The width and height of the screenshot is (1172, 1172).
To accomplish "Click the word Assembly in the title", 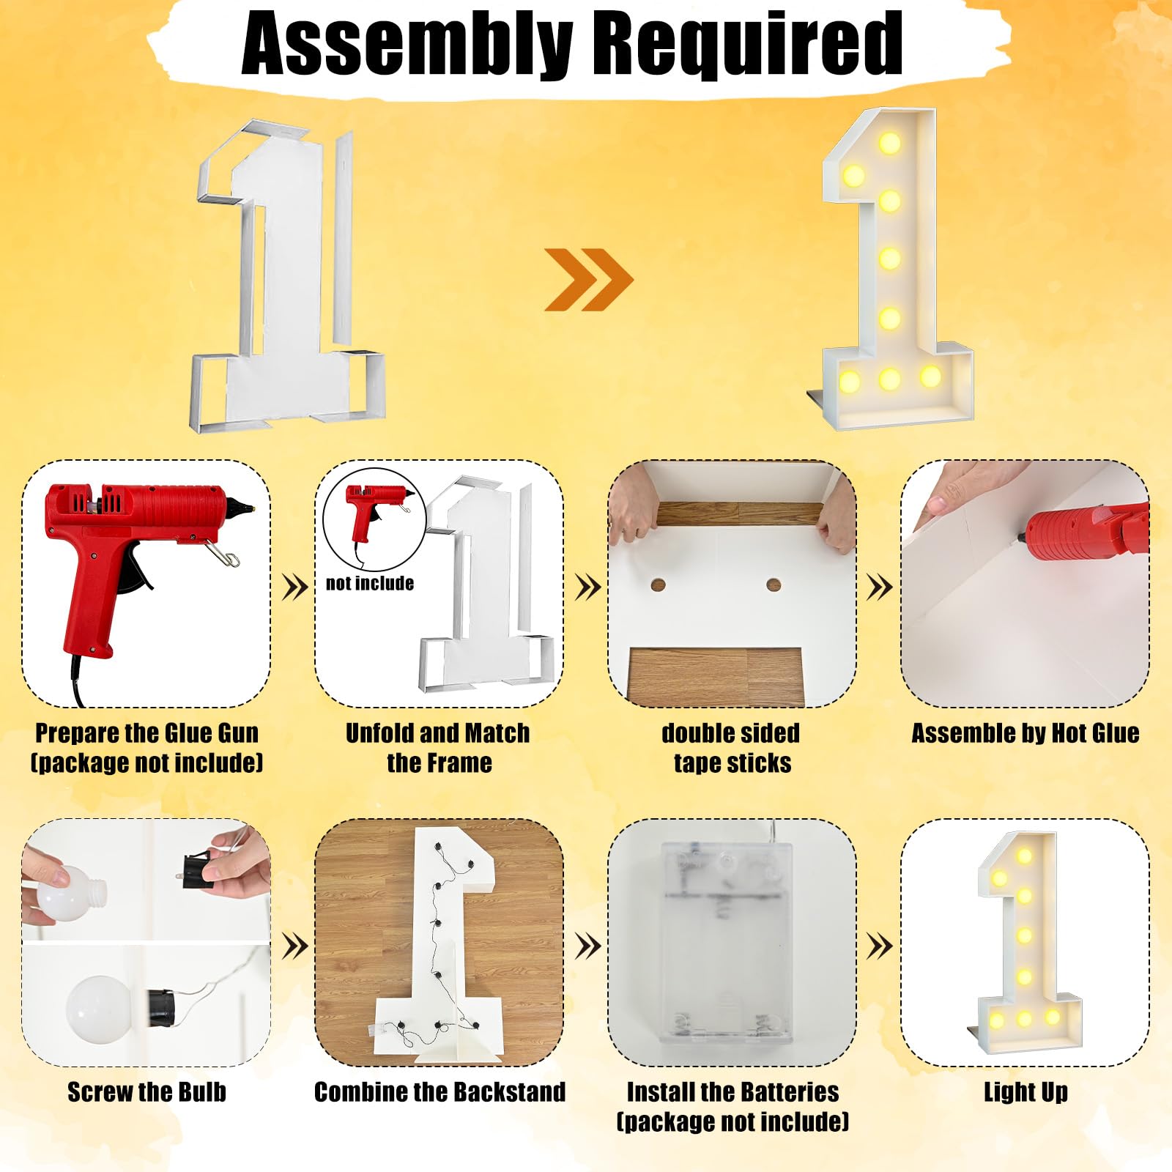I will pos(407,44).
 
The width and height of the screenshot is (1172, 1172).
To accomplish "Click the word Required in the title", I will pos(747,44).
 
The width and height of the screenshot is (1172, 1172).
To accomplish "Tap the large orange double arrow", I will pos(588,279).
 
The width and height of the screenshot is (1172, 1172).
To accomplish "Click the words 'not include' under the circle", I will pos(370,583).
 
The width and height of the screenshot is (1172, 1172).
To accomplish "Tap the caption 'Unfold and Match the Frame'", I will pos(438,747).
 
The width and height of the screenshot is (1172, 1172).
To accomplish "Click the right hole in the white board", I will pos(774,585).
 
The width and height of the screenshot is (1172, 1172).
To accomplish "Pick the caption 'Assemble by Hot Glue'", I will pos(1025,733).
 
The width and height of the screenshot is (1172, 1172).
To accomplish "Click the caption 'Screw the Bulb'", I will pos(146,1092).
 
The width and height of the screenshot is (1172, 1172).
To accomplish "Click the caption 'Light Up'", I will pos(1025,1092).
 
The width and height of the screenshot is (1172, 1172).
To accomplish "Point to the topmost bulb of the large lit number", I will pos(890,143).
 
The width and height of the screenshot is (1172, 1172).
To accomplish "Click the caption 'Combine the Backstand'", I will pos(439,1092).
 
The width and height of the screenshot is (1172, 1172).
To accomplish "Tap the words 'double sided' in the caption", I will pos(730,733).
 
